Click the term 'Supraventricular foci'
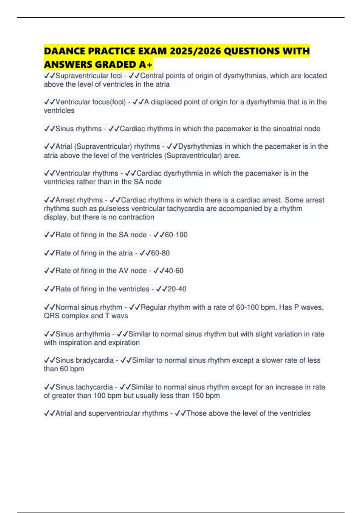[89, 76]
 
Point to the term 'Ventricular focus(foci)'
[91, 102]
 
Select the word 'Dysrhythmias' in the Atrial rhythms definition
[199, 147]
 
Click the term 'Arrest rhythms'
[79, 200]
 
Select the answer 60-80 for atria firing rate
[160, 253]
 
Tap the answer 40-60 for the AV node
[174, 271]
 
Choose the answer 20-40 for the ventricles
[177, 289]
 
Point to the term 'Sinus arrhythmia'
[83, 334]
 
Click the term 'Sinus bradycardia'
[84, 360]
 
